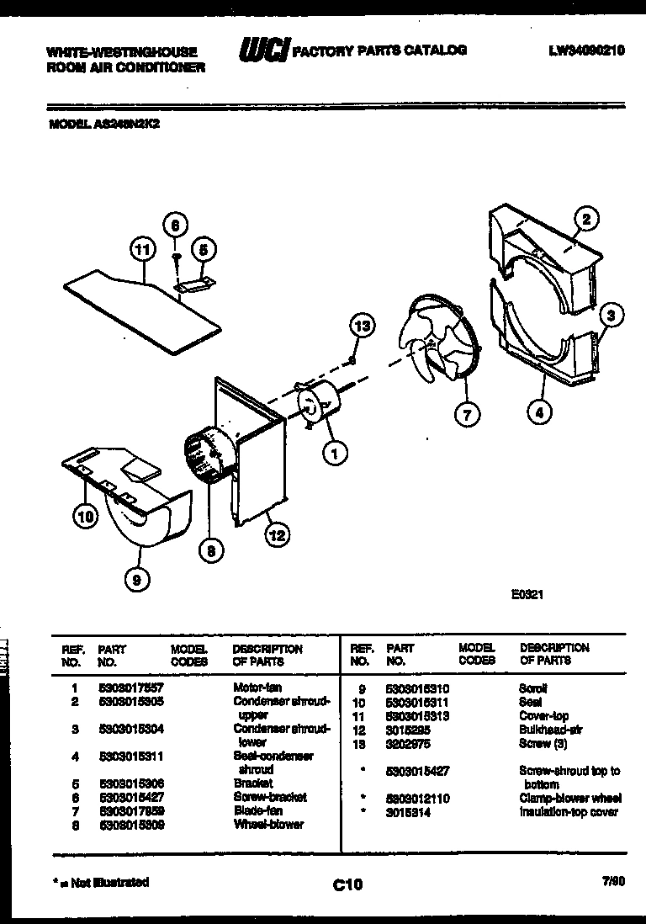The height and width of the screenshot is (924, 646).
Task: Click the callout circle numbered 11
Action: (x=144, y=249)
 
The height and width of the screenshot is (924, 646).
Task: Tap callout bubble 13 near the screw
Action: (x=362, y=327)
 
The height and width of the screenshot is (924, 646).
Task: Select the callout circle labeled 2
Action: (x=586, y=220)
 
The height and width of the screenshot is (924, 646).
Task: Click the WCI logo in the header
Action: (x=264, y=51)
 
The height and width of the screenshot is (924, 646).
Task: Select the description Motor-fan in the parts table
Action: (x=257, y=687)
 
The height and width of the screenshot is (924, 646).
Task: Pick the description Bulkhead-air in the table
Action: (x=551, y=730)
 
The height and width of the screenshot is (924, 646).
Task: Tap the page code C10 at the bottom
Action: (x=347, y=884)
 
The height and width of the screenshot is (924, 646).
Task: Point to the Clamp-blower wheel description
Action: (x=569, y=798)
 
